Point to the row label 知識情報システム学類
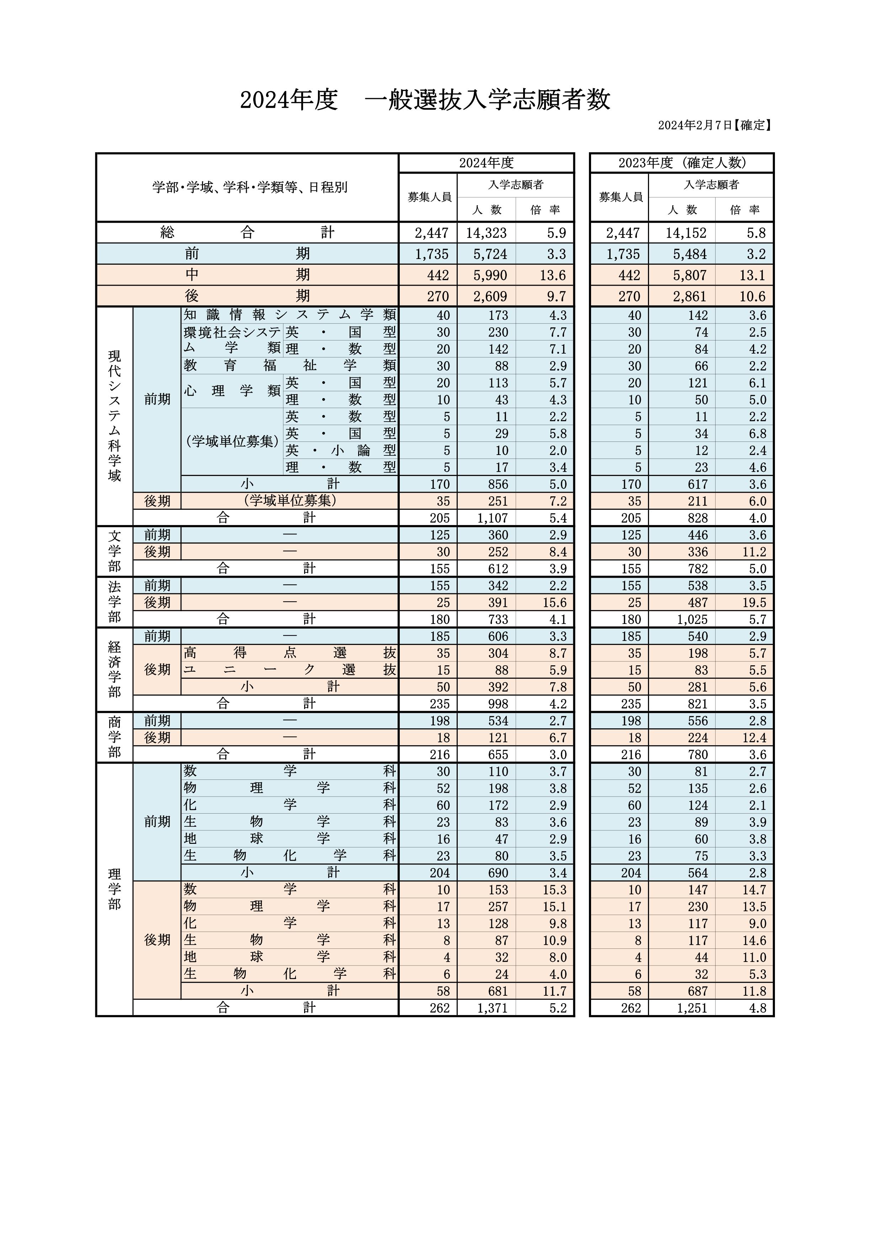click(x=289, y=315)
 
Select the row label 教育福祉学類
click(x=289, y=366)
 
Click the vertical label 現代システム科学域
click(x=114, y=416)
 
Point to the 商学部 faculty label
click(x=114, y=737)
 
